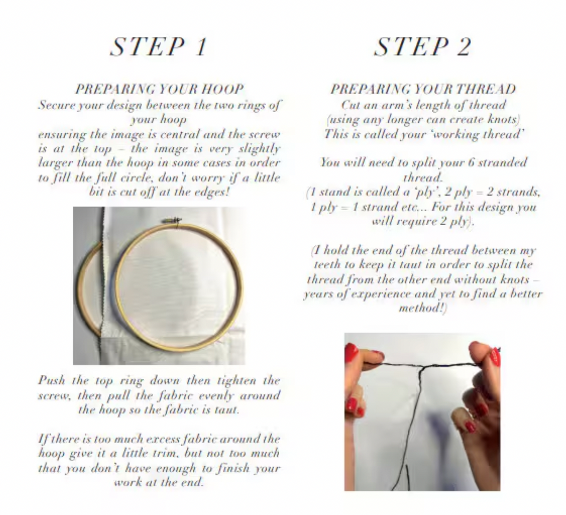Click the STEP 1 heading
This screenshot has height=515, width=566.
click(x=159, y=46)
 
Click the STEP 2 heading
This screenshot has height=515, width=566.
click(x=422, y=46)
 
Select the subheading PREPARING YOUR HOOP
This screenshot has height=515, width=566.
click(x=159, y=89)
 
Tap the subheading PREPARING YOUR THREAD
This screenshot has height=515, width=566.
click(x=422, y=89)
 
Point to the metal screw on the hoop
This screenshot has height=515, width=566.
click(x=172, y=220)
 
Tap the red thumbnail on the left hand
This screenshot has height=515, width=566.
click(x=351, y=352)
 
